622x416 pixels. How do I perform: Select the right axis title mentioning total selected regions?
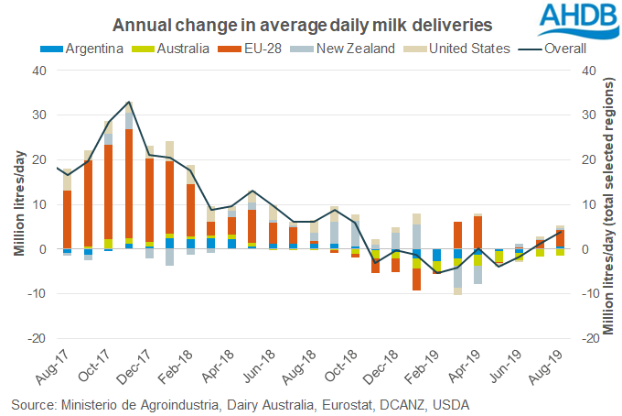pyautogui.click(x=606, y=203)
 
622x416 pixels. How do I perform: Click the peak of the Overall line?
pyautogui.click(x=129, y=102)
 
